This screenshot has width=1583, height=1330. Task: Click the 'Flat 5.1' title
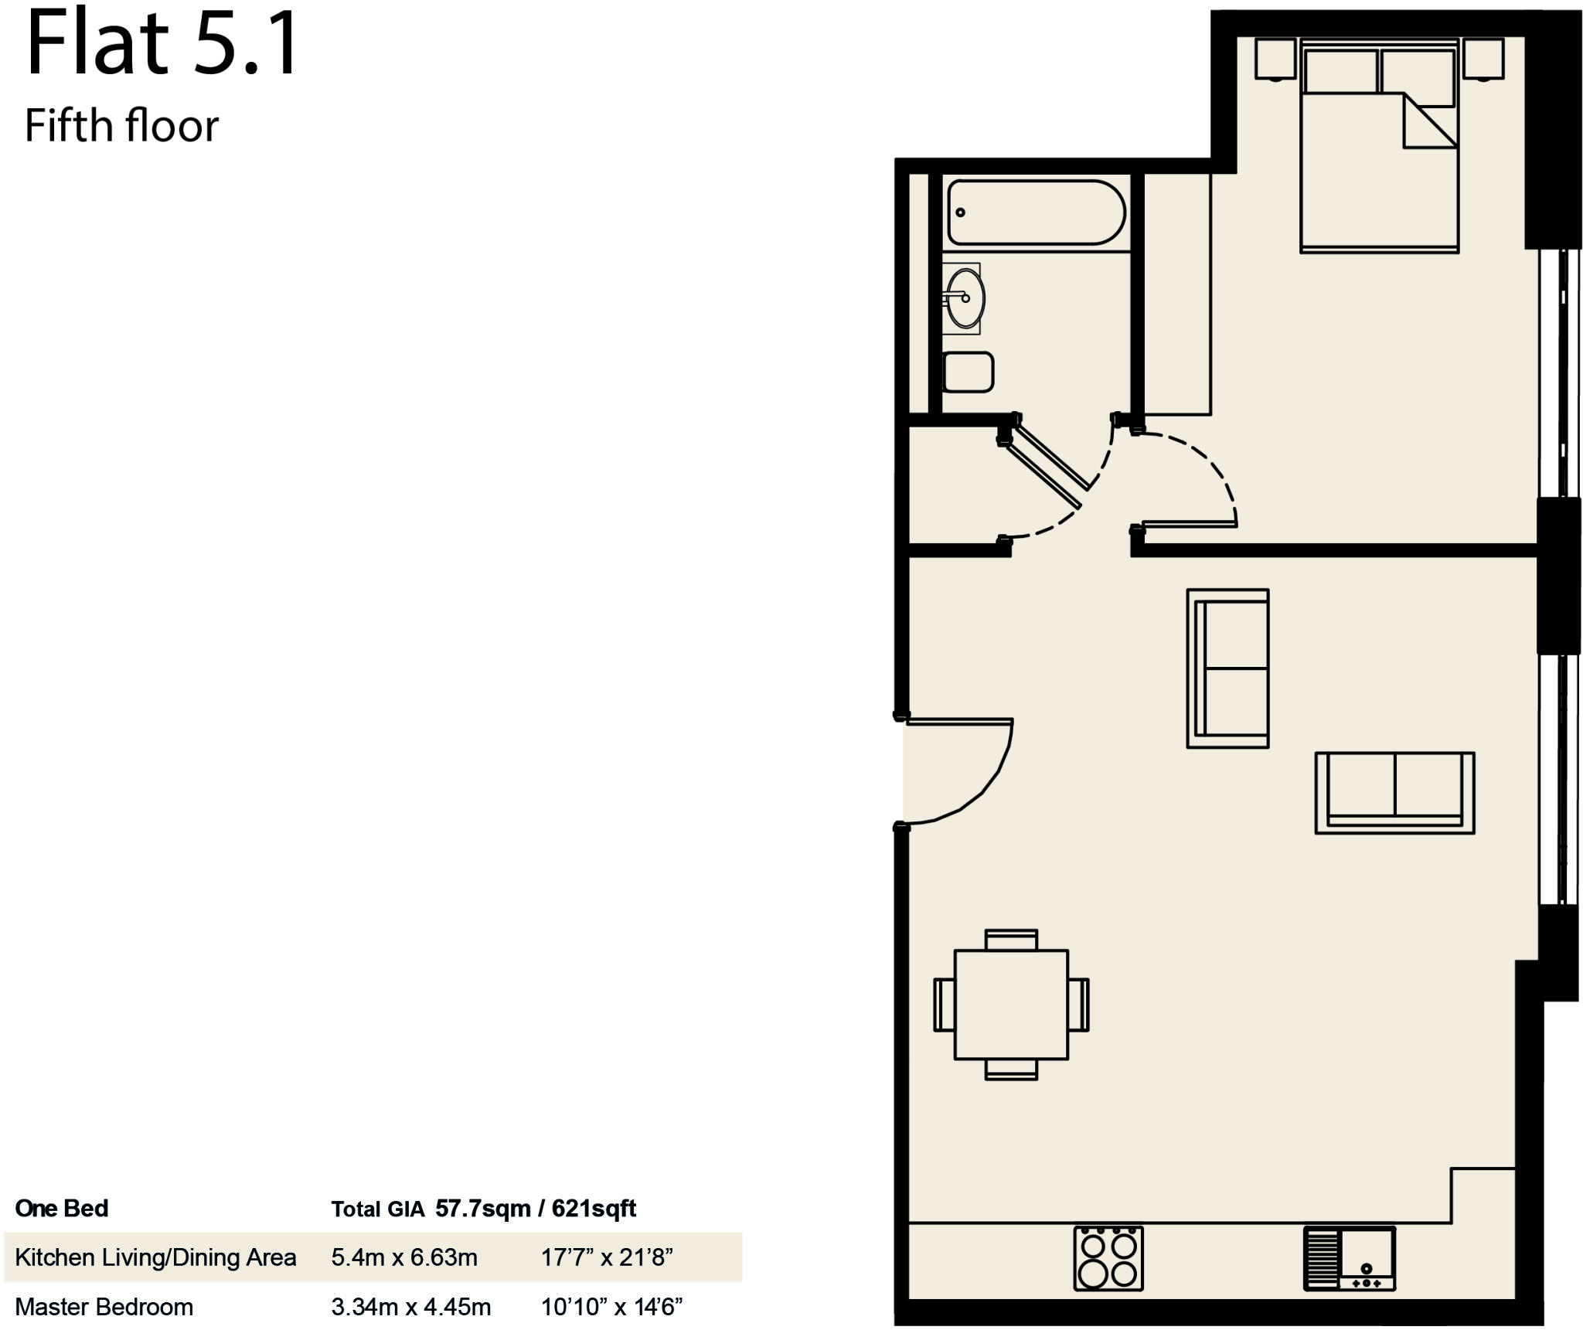pos(162,44)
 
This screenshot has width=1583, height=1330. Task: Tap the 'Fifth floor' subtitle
pos(121,126)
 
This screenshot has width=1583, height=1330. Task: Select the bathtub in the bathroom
pos(1036,213)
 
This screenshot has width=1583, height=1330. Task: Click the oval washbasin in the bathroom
pos(965,298)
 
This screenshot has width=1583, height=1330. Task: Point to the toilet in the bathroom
pos(969,372)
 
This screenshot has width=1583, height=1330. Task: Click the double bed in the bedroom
pos(1379,170)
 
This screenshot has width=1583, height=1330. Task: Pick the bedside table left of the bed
pos(1275,59)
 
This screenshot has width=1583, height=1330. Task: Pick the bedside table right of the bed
pos(1483,59)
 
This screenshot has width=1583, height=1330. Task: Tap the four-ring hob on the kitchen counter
pos(1108,1259)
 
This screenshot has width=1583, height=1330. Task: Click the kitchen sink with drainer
pos(1350,1259)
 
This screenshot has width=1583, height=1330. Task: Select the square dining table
pos(1011,1005)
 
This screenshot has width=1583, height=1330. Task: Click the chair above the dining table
pos(1011,940)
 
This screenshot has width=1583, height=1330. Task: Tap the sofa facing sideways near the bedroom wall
pos(1228,668)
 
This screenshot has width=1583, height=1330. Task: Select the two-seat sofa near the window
pos(1394,792)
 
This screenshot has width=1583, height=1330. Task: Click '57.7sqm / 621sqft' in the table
pos(535,1209)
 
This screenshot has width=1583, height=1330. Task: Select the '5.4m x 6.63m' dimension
pos(404,1257)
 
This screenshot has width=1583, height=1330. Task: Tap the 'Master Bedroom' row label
pos(104,1307)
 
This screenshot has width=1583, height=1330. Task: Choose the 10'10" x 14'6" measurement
pos(611,1307)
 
